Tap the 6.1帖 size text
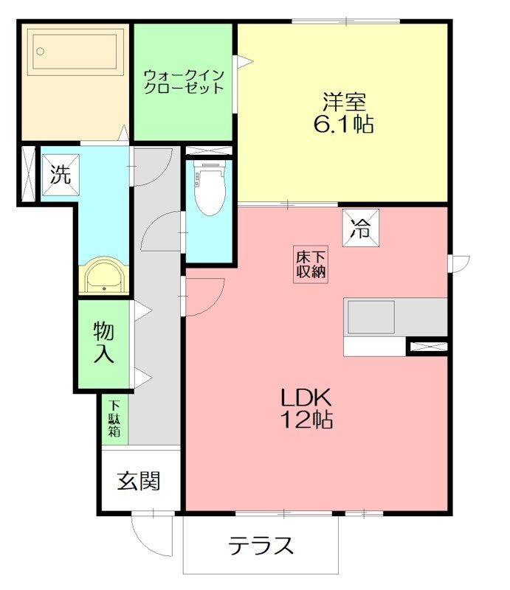pyautogui.click(x=343, y=124)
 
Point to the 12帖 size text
pyautogui.click(x=307, y=420)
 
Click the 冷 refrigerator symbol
pyautogui.click(x=362, y=228)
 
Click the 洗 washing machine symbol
pyautogui.click(x=61, y=175)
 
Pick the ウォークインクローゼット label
pyautogui.click(x=183, y=80)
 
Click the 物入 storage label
pyautogui.click(x=104, y=342)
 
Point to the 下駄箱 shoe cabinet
pyautogui.click(x=115, y=419)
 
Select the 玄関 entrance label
pyautogui.click(x=139, y=481)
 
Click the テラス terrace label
pyautogui.click(x=261, y=546)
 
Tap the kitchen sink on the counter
pyautogui.click(x=371, y=317)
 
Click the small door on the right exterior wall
pyautogui.click(x=459, y=262)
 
